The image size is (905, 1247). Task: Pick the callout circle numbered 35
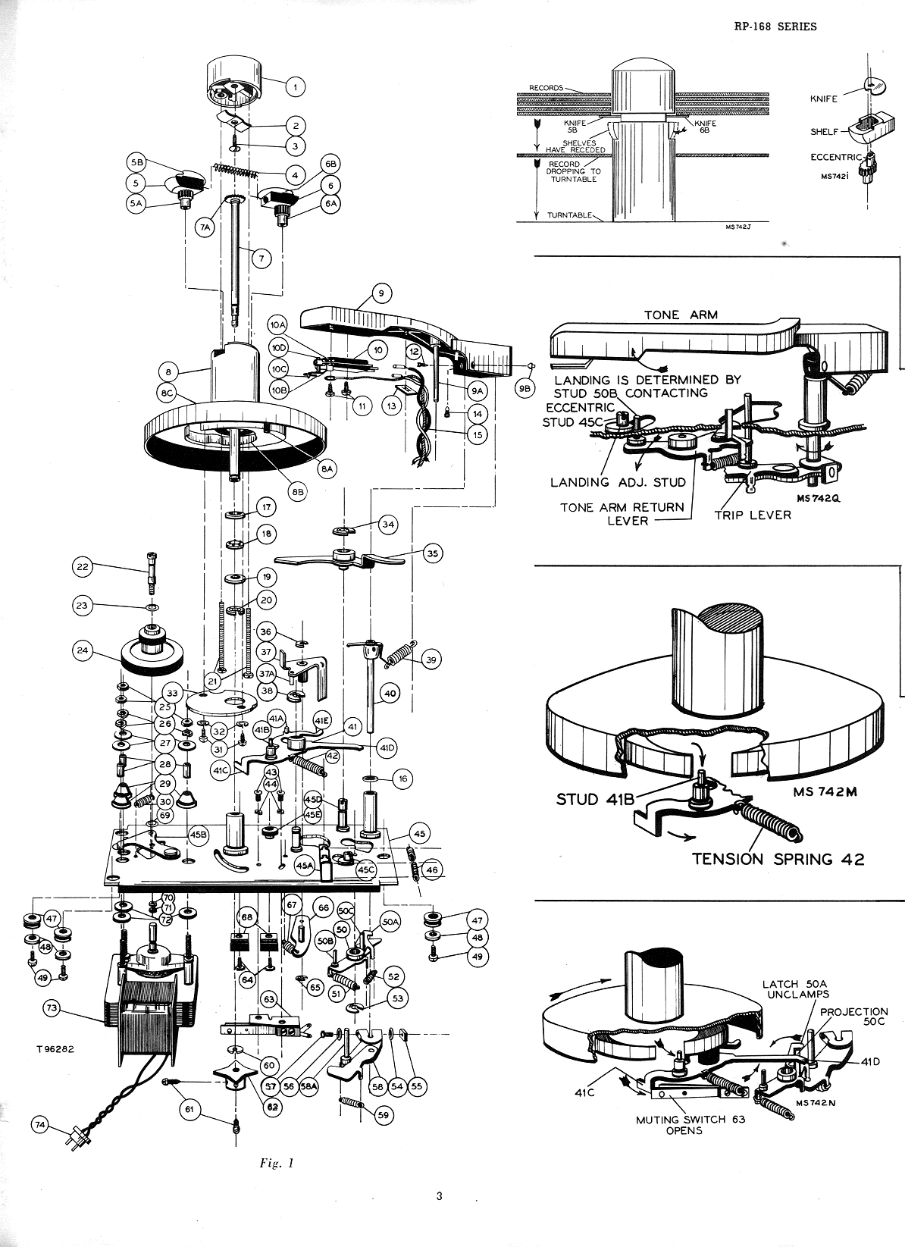coord(433,553)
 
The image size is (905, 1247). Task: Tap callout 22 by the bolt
coord(84,566)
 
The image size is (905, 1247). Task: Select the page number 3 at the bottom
coord(439,1197)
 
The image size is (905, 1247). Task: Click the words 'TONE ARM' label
coord(672,315)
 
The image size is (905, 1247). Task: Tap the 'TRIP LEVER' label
coord(753,515)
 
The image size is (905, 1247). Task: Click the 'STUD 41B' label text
coord(591,799)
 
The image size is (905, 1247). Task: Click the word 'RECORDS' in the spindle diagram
coord(545,88)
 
